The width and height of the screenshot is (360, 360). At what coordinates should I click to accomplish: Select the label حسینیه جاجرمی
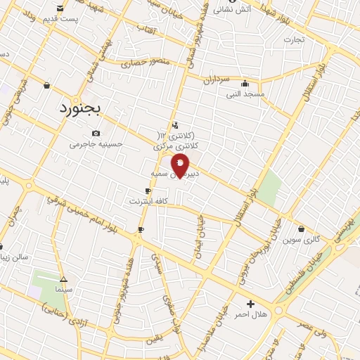(96, 144)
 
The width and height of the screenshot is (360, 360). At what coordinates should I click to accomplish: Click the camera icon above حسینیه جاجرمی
(96, 134)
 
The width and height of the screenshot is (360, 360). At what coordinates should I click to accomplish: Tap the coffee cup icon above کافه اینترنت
(148, 191)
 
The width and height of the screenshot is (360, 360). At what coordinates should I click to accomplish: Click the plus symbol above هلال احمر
(251, 304)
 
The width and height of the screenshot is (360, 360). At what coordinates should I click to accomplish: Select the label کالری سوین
(301, 240)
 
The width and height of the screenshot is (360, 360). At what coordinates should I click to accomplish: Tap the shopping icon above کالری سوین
(301, 229)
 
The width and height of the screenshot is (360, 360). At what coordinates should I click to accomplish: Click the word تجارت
(294, 39)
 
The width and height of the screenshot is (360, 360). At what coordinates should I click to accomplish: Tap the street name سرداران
(218, 79)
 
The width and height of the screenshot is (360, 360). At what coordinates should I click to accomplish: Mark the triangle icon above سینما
(63, 279)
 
